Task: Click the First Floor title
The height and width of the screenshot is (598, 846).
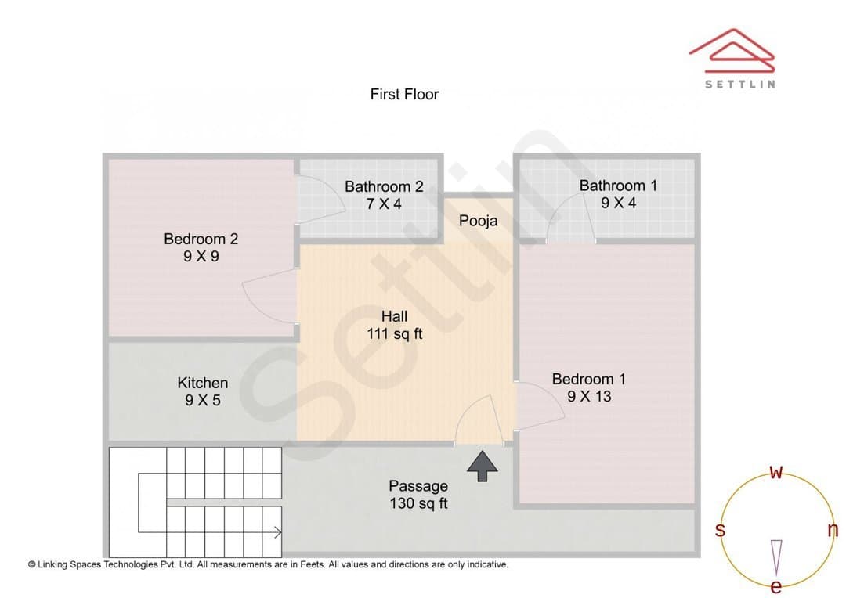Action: (404, 95)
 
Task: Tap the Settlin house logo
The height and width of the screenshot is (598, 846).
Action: (732, 51)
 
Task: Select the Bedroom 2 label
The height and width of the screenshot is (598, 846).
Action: (201, 239)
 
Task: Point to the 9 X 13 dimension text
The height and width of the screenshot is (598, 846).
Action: (589, 396)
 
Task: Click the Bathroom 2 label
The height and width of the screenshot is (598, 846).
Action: (384, 186)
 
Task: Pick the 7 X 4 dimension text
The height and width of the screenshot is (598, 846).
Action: (384, 204)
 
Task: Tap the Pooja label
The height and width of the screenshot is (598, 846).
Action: (478, 221)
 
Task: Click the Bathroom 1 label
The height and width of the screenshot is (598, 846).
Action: (618, 186)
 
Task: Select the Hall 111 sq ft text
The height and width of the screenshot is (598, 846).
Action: (394, 325)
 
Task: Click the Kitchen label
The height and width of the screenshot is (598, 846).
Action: (202, 383)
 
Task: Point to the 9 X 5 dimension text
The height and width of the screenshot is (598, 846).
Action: (202, 400)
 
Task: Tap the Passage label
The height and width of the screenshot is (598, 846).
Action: (418, 486)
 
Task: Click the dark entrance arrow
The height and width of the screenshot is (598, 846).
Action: (483, 466)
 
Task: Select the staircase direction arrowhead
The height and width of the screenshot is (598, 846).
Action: (278, 533)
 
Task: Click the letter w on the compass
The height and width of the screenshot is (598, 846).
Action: (775, 472)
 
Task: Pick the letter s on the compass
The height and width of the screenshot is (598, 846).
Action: (720, 530)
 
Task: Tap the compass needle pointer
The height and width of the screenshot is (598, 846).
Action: (776, 557)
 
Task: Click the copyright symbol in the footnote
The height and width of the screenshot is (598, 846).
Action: (32, 564)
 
